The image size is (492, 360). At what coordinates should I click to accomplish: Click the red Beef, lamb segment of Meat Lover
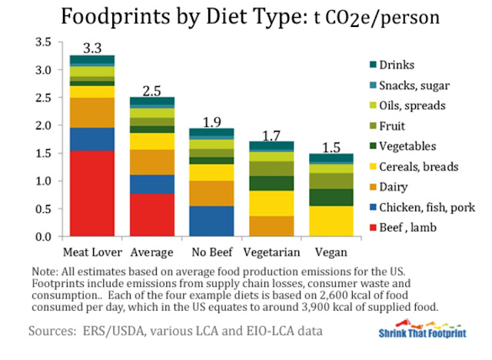[x=92, y=193]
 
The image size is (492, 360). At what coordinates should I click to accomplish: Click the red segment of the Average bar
[x=152, y=215]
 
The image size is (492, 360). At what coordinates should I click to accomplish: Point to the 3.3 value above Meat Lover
[x=93, y=48]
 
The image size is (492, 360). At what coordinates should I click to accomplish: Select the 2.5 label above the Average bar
[x=152, y=91]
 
